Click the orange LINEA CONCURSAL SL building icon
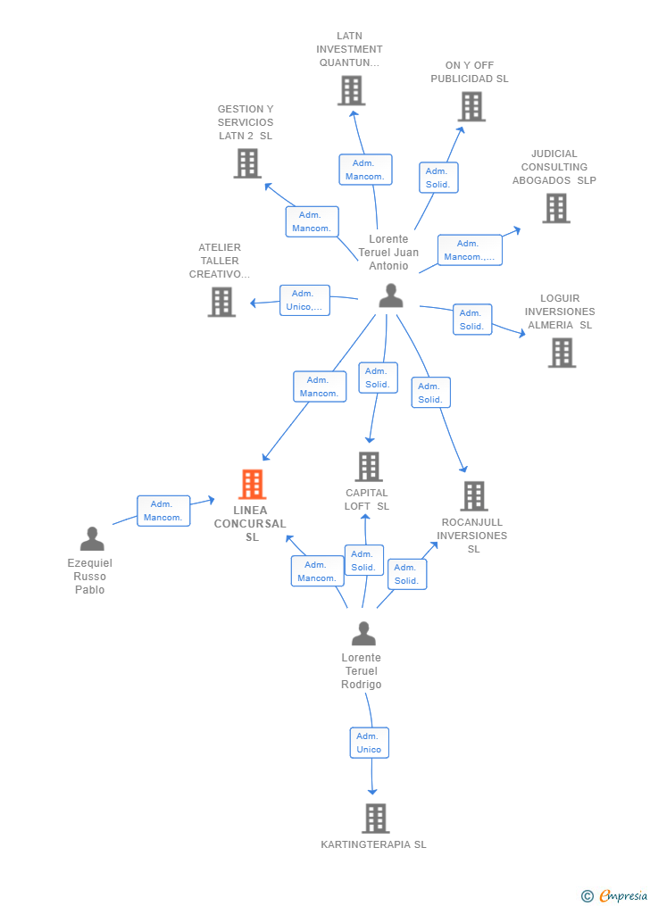pyautogui.click(x=253, y=485)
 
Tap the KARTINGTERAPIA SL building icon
pyautogui.click(x=376, y=818)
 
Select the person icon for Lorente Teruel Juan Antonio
pyautogui.click(x=391, y=295)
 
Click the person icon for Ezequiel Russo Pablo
pyautogui.click(x=91, y=539)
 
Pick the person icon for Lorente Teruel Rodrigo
pyautogui.click(x=363, y=634)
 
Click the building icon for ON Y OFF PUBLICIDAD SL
pyautogui.click(x=471, y=106)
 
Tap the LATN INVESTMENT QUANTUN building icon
pyautogui.click(x=352, y=90)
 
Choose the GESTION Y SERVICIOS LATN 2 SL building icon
pyautogui.click(x=247, y=163)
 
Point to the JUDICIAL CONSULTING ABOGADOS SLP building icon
pyautogui.click(x=556, y=208)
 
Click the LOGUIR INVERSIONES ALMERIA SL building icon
pyautogui.click(x=562, y=353)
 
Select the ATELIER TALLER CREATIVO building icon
pyautogui.click(x=221, y=302)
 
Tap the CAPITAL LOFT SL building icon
pyautogui.click(x=369, y=466)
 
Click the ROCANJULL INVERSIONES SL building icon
pyautogui.click(x=474, y=496)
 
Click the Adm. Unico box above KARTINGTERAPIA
pyautogui.click(x=369, y=743)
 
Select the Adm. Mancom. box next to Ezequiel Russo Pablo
pyautogui.click(x=163, y=511)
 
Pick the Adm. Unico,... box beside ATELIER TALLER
pyautogui.click(x=304, y=300)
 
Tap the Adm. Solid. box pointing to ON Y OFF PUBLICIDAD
pyautogui.click(x=437, y=178)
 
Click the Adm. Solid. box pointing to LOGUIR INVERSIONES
pyautogui.click(x=471, y=320)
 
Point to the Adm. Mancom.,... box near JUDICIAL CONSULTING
pyautogui.click(x=469, y=250)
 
